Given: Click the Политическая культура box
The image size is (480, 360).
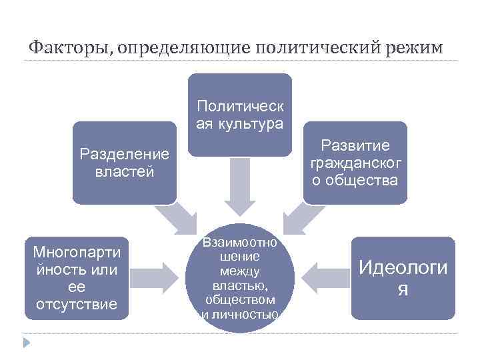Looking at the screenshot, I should tap(239, 115).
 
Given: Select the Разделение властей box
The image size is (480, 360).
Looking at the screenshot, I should tap(125, 162).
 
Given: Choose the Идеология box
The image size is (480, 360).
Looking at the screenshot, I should tap(403, 278).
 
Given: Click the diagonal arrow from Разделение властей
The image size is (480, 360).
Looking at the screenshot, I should tap(175, 217).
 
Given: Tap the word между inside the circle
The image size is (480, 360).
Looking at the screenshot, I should tap(239, 271).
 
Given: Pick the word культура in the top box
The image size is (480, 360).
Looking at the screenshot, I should tap(256, 123).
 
